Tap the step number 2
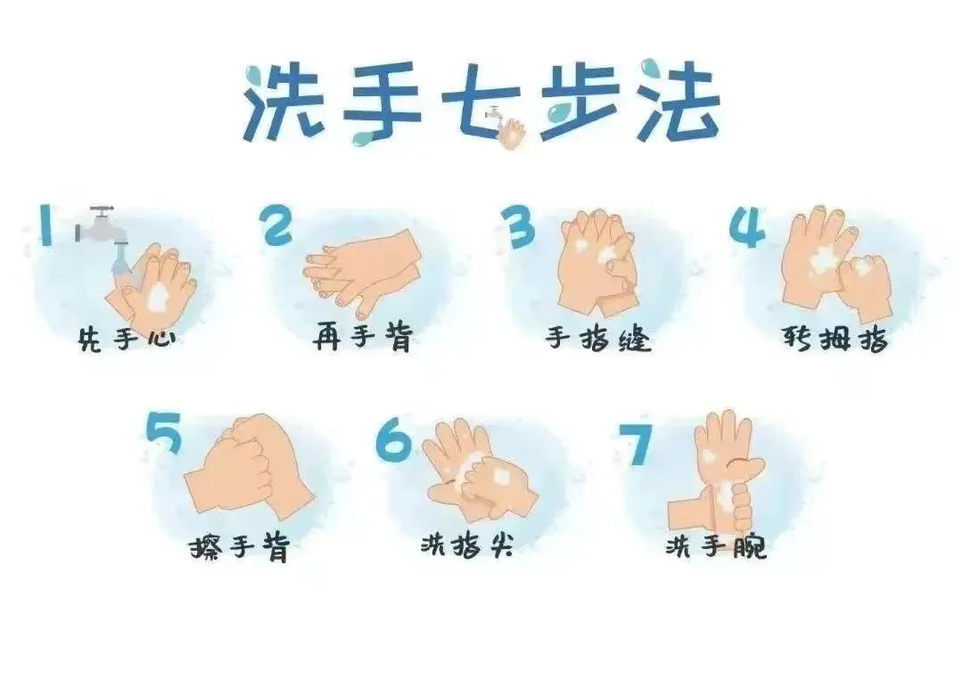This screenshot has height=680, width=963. (x=276, y=225)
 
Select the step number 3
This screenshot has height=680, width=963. (x=518, y=226)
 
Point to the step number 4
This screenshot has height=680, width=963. (x=747, y=226)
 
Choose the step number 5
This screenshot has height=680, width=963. (x=165, y=432)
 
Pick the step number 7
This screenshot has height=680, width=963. (x=635, y=443)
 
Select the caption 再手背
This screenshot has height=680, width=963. (x=362, y=337)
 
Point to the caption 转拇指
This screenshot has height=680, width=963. (x=835, y=338)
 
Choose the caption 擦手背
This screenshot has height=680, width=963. (x=239, y=546)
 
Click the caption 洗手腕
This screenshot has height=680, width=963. (x=716, y=545)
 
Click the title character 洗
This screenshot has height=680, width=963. (x=284, y=102)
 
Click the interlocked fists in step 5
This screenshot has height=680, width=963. (x=249, y=464)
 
